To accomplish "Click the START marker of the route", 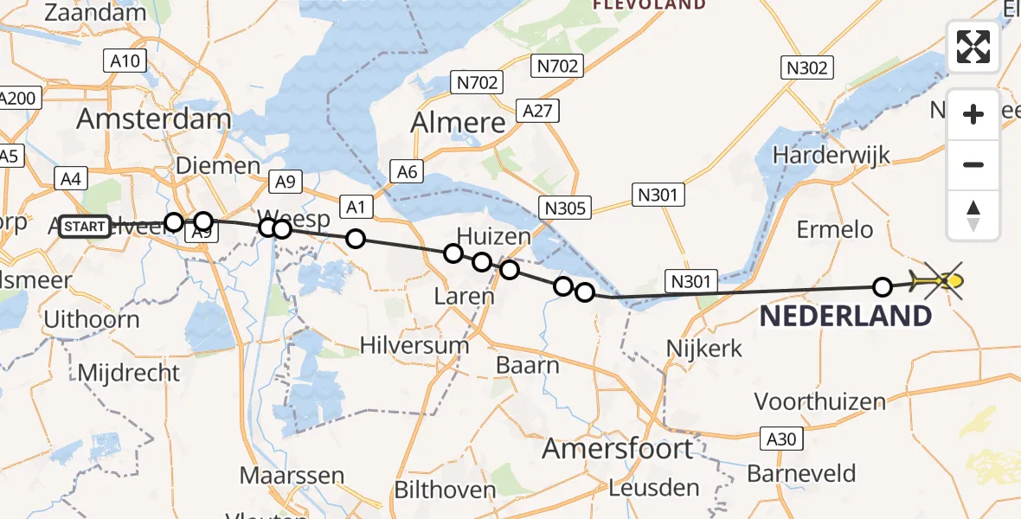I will coord(85,227).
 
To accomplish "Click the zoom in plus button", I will coord(973,114).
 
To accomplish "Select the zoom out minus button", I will coord(973,164).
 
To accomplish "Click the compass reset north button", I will coord(973,215).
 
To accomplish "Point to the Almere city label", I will coord(458,123).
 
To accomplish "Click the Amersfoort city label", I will coord(618,448).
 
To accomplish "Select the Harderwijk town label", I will coord(832,156).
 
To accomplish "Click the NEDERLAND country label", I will coord(845,316).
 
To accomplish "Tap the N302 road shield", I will coord(807,67).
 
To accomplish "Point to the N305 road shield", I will coord(566,208).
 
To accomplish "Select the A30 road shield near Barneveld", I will coord(780,439).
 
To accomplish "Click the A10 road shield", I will coord(125,61).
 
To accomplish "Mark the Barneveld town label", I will coord(801,474).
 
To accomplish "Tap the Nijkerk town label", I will coord(704,349).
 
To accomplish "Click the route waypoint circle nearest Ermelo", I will coord(883,286).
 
